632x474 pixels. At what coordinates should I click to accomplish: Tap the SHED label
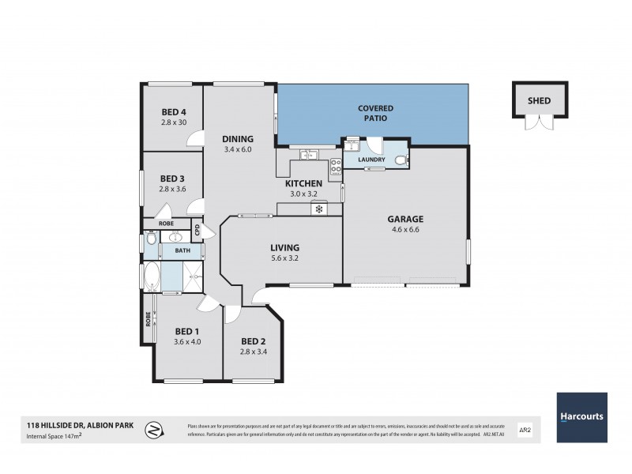539,101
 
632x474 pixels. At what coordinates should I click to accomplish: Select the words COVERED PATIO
375,112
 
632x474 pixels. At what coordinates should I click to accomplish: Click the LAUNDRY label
371,160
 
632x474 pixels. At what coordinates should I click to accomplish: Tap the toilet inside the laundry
401,160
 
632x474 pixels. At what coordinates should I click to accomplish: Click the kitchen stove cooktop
335,167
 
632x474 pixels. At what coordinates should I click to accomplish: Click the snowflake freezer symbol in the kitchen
320,209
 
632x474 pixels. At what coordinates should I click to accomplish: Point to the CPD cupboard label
198,231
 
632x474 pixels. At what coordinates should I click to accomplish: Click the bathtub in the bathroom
150,277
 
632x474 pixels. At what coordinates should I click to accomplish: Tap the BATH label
182,251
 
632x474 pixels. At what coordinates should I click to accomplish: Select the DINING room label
237,138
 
